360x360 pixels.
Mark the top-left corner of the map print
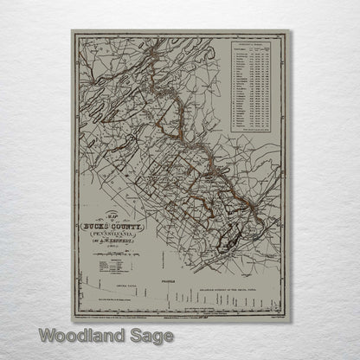pos(73,31)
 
